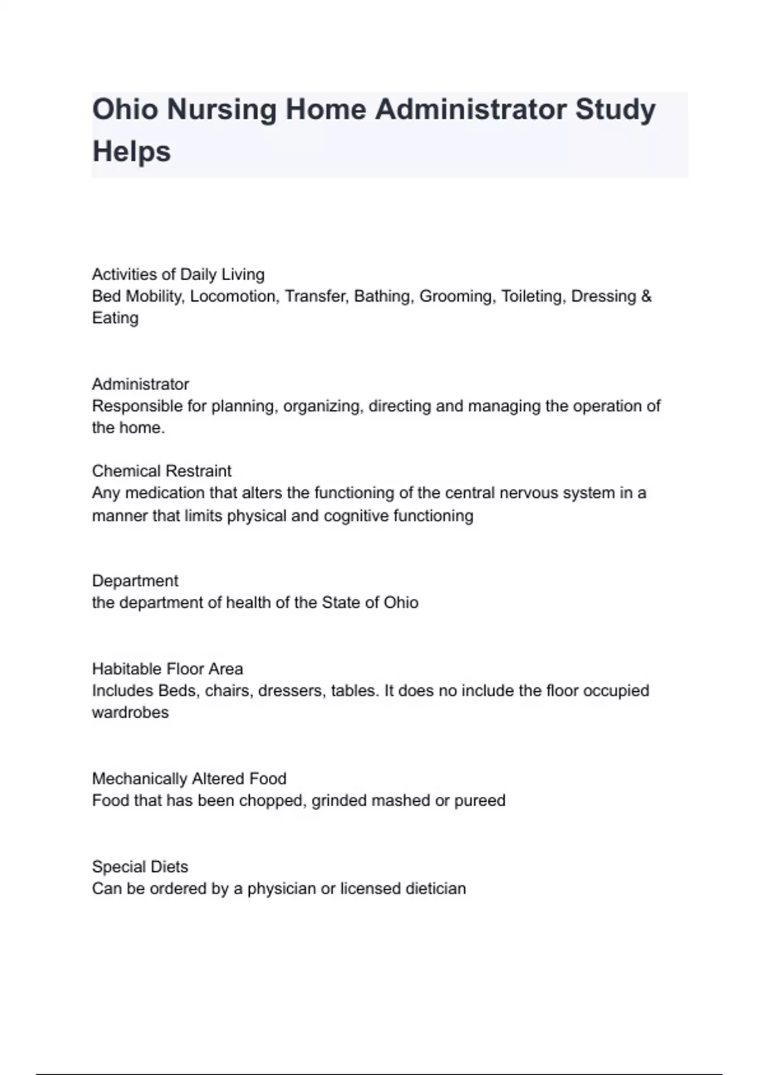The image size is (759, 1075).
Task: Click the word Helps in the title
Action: coord(132,152)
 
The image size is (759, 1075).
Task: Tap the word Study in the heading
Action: coord(615,109)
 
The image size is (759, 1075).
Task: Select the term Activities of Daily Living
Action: coord(178,274)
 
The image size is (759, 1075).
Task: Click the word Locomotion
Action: coord(233,297)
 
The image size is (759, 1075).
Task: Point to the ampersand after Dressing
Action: coord(646,297)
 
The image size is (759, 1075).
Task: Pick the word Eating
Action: coord(115,318)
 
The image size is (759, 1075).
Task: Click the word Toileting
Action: coord(531,297)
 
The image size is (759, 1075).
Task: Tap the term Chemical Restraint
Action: coord(161,471)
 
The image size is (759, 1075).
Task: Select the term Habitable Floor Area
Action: coord(167,669)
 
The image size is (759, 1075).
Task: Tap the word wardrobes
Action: coord(130,713)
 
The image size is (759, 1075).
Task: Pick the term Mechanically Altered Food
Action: coord(189,778)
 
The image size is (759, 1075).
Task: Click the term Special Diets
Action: coord(140,866)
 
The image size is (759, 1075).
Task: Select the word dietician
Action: coord(435,888)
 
